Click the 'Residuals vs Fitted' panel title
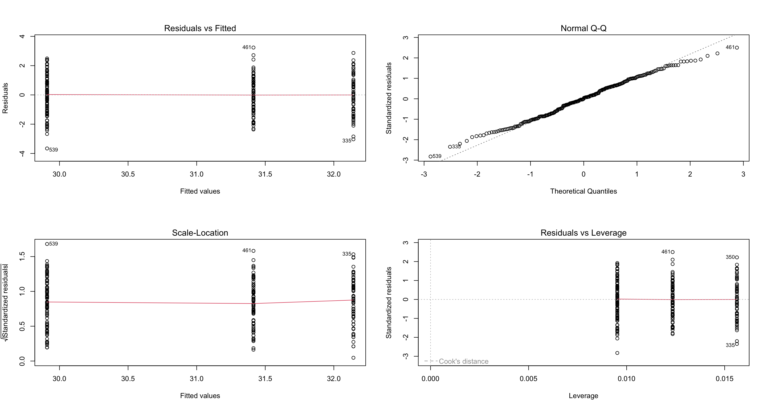point(200,28)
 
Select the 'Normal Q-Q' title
point(583,28)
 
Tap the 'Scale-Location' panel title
point(200,233)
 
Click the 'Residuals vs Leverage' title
point(583,233)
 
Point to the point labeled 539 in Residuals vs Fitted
point(47,149)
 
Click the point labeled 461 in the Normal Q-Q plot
point(737,48)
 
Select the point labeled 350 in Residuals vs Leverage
point(737,257)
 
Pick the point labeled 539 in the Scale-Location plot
point(47,244)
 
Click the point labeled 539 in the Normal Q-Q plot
point(431,157)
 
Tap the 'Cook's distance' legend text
point(464,361)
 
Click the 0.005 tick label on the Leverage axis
point(528,379)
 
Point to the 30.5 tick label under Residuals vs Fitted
point(128,174)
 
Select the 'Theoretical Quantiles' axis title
point(583,191)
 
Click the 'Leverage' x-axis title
point(583,396)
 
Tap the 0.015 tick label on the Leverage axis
point(724,379)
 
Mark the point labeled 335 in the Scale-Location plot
point(353,255)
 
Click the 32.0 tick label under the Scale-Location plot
point(333,379)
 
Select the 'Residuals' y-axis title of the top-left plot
point(5,98)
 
